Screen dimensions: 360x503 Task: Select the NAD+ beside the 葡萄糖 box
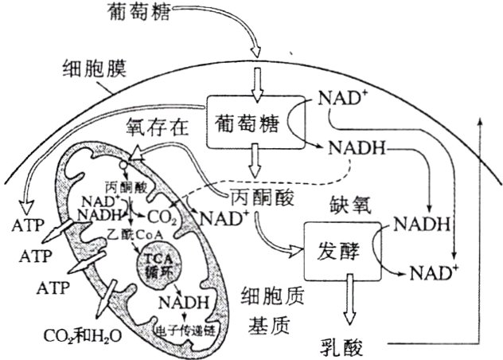[341, 98]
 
